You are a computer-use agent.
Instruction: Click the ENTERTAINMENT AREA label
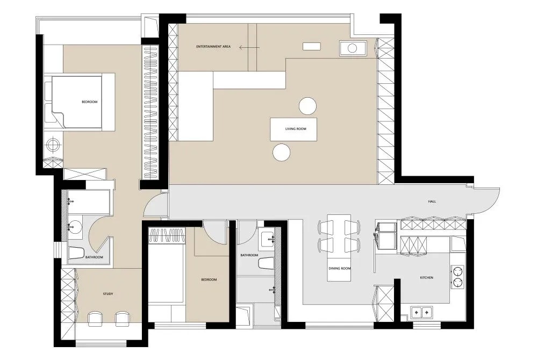point(213,47)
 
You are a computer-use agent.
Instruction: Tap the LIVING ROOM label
point(296,129)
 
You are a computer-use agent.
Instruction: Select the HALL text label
point(432,201)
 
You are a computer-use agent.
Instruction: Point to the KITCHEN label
point(426,278)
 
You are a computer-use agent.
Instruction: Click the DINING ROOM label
point(340,269)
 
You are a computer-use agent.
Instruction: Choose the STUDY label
point(108,294)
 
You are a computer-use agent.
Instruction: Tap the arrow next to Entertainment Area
point(249,47)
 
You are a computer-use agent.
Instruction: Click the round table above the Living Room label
point(307,106)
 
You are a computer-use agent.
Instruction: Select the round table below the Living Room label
point(282,153)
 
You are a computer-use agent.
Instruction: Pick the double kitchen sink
point(421,312)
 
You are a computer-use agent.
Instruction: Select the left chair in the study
point(95,319)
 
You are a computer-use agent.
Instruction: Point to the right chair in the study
point(122,319)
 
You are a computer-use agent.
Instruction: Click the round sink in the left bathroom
point(74,226)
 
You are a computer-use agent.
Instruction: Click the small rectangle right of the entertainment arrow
point(312,47)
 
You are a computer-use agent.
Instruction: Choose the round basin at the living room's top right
point(353,48)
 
